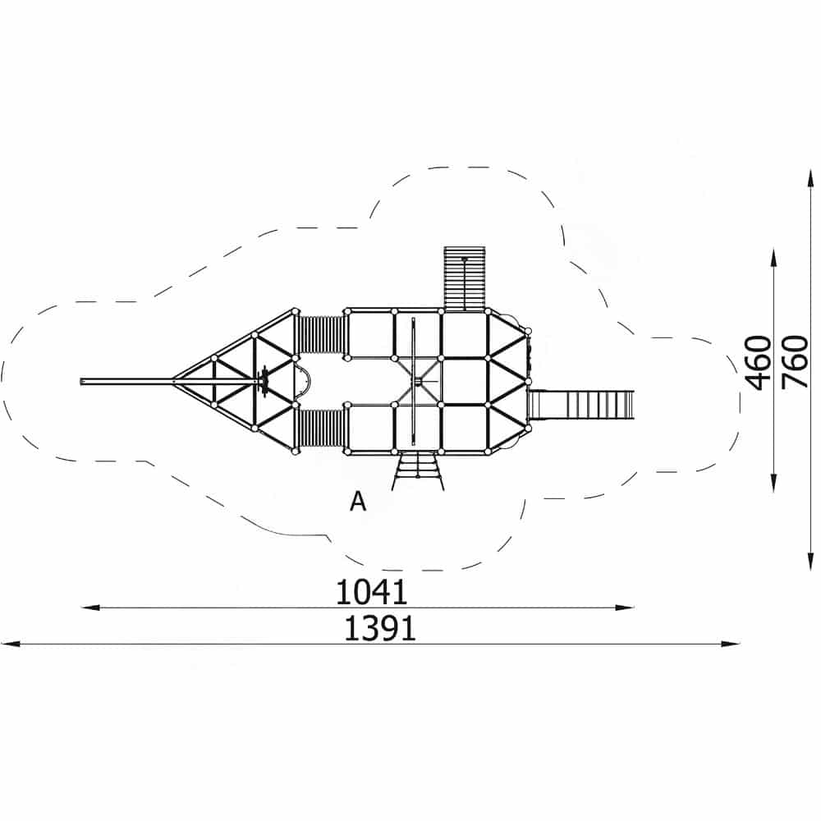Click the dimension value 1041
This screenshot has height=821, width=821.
click(x=371, y=592)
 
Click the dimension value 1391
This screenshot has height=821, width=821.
click(x=380, y=628)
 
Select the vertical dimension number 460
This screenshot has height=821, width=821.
click(x=758, y=362)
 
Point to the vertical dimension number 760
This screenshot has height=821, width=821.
click(x=795, y=362)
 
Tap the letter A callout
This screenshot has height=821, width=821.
click(x=358, y=502)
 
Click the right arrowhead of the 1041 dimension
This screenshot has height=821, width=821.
click(x=625, y=608)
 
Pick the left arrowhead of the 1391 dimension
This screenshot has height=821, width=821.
click(x=11, y=644)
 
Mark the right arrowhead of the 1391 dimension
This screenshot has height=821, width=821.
click(x=731, y=644)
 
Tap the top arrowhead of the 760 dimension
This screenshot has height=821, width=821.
click(x=810, y=178)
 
